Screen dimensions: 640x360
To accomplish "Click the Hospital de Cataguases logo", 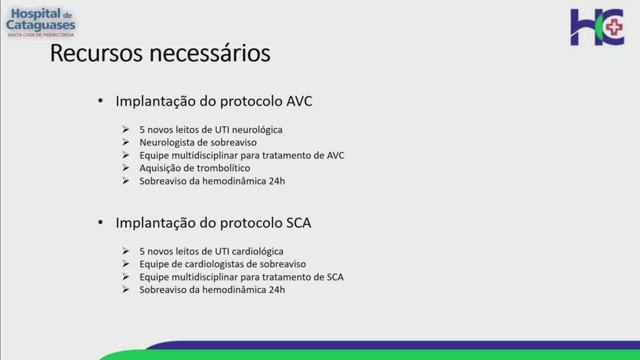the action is pyautogui.click(x=41, y=23).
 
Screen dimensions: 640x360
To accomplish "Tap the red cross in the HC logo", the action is pyautogui.click(x=614, y=27).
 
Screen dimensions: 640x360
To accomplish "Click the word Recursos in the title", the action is pyautogui.click(x=96, y=54).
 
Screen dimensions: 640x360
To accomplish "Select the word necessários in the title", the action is pyautogui.click(x=209, y=54).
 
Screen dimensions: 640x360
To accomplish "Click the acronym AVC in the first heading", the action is pyautogui.click(x=299, y=101).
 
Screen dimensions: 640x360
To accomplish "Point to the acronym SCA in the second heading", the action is pyautogui.click(x=299, y=223).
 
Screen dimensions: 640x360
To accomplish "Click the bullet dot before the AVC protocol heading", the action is pyautogui.click(x=101, y=101).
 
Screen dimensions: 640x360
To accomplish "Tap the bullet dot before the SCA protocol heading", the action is pyautogui.click(x=101, y=222).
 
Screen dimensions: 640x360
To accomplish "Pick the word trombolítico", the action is pyautogui.click(x=224, y=168).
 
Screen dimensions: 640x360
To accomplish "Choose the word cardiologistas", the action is pyautogui.click(x=217, y=264).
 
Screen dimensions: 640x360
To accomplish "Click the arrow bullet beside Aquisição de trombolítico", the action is pyautogui.click(x=126, y=167).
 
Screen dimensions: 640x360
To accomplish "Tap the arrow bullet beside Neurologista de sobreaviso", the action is pyautogui.click(x=126, y=142).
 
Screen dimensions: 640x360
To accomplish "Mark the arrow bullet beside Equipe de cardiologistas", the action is pyautogui.click(x=126, y=264).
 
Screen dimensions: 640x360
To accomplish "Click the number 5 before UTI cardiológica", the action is pyautogui.click(x=142, y=251).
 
